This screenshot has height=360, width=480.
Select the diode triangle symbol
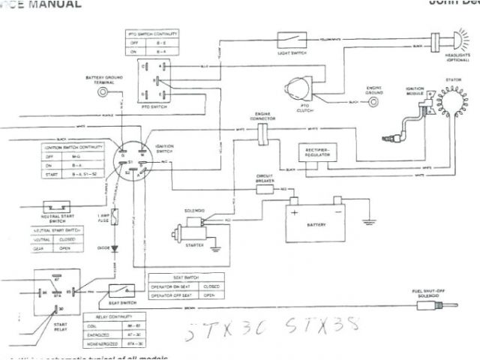coord(115,247)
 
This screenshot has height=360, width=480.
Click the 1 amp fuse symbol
coord(115,217)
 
